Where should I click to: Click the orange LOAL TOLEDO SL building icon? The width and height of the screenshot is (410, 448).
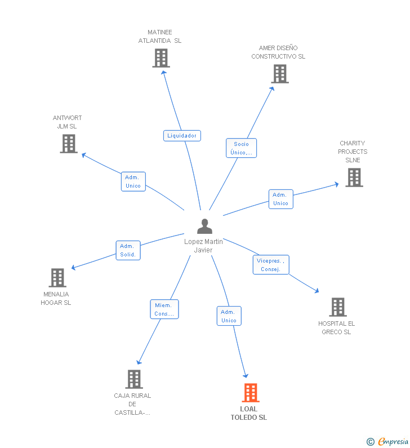coord(251,393)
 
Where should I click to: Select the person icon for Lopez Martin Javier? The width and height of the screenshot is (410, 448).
coord(204,227)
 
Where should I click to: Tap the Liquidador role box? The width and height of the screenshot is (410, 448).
coord(182,136)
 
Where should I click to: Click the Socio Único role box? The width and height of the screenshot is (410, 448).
coord(241,148)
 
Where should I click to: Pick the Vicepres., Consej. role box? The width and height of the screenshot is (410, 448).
coord(271,264)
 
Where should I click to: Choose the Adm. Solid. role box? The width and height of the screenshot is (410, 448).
coord(128,250)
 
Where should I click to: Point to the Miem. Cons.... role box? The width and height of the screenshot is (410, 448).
coord(164,309)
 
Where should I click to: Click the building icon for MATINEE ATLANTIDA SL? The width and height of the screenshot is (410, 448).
coord(161,58)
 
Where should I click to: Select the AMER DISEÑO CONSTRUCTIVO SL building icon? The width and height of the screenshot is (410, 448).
coord(280,74)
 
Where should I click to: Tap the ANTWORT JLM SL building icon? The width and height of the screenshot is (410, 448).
coord(69,144)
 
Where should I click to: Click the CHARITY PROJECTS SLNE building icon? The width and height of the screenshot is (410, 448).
coord(354,178)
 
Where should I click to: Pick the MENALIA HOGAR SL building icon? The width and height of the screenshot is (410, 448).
coord(57,278)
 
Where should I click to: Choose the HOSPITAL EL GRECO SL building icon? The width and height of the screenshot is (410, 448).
coord(338,307)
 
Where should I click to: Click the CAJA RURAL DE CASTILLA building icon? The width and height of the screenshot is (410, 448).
coord(134,379)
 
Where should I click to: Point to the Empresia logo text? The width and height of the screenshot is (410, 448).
coord(394,442)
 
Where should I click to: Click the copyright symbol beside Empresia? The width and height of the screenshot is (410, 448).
coord(371,442)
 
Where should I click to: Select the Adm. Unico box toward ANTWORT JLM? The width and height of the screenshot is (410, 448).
coord(133,181)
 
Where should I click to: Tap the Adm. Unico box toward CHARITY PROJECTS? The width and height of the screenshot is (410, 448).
coord(281,199)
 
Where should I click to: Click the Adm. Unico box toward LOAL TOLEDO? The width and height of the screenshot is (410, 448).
coord(229,316)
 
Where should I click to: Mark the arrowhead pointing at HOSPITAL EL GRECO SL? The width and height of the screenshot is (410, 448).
coord(317,291)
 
